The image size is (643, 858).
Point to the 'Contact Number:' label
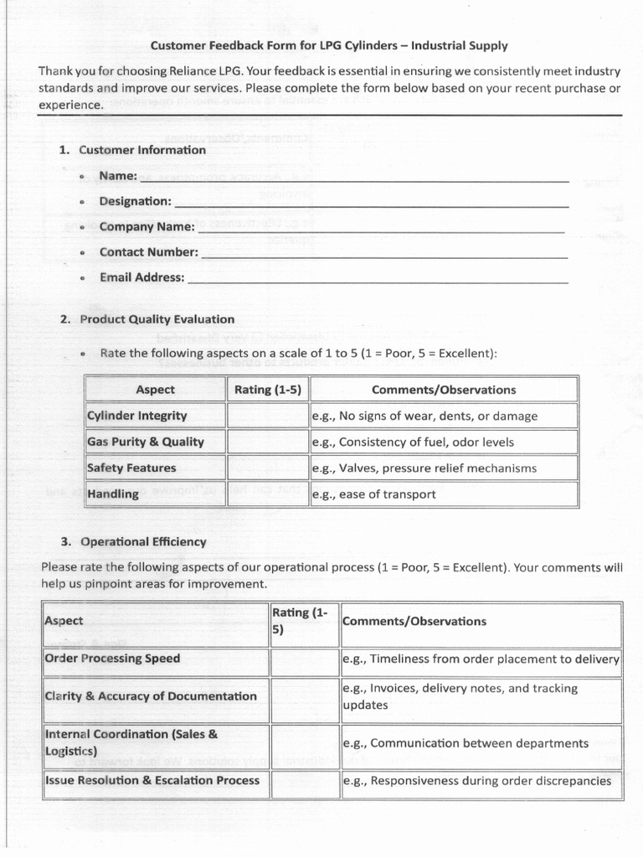(x=148, y=252)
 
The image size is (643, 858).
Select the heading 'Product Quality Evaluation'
(x=157, y=319)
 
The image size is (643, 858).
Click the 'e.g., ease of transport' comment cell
(x=443, y=494)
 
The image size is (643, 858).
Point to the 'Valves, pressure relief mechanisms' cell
(x=443, y=468)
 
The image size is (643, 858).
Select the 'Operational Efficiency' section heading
(x=142, y=542)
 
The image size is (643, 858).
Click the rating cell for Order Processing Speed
(x=304, y=659)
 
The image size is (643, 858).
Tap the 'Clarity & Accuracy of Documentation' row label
(x=151, y=696)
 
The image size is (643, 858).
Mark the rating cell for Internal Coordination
(x=304, y=743)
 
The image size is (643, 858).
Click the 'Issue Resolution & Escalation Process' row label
(x=152, y=780)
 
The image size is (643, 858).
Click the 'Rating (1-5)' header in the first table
(x=267, y=390)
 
